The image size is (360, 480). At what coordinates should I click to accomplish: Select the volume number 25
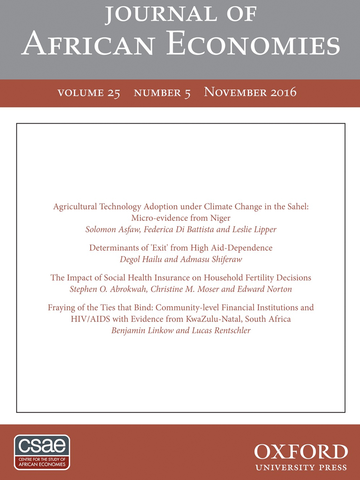(114, 93)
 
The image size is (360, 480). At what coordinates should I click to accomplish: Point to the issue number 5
(187, 93)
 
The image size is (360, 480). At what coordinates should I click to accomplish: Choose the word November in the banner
(235, 92)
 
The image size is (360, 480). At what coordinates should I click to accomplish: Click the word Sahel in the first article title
(297, 206)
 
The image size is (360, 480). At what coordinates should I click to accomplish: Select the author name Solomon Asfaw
(113, 230)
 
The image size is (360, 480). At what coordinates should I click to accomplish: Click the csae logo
(42, 452)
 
